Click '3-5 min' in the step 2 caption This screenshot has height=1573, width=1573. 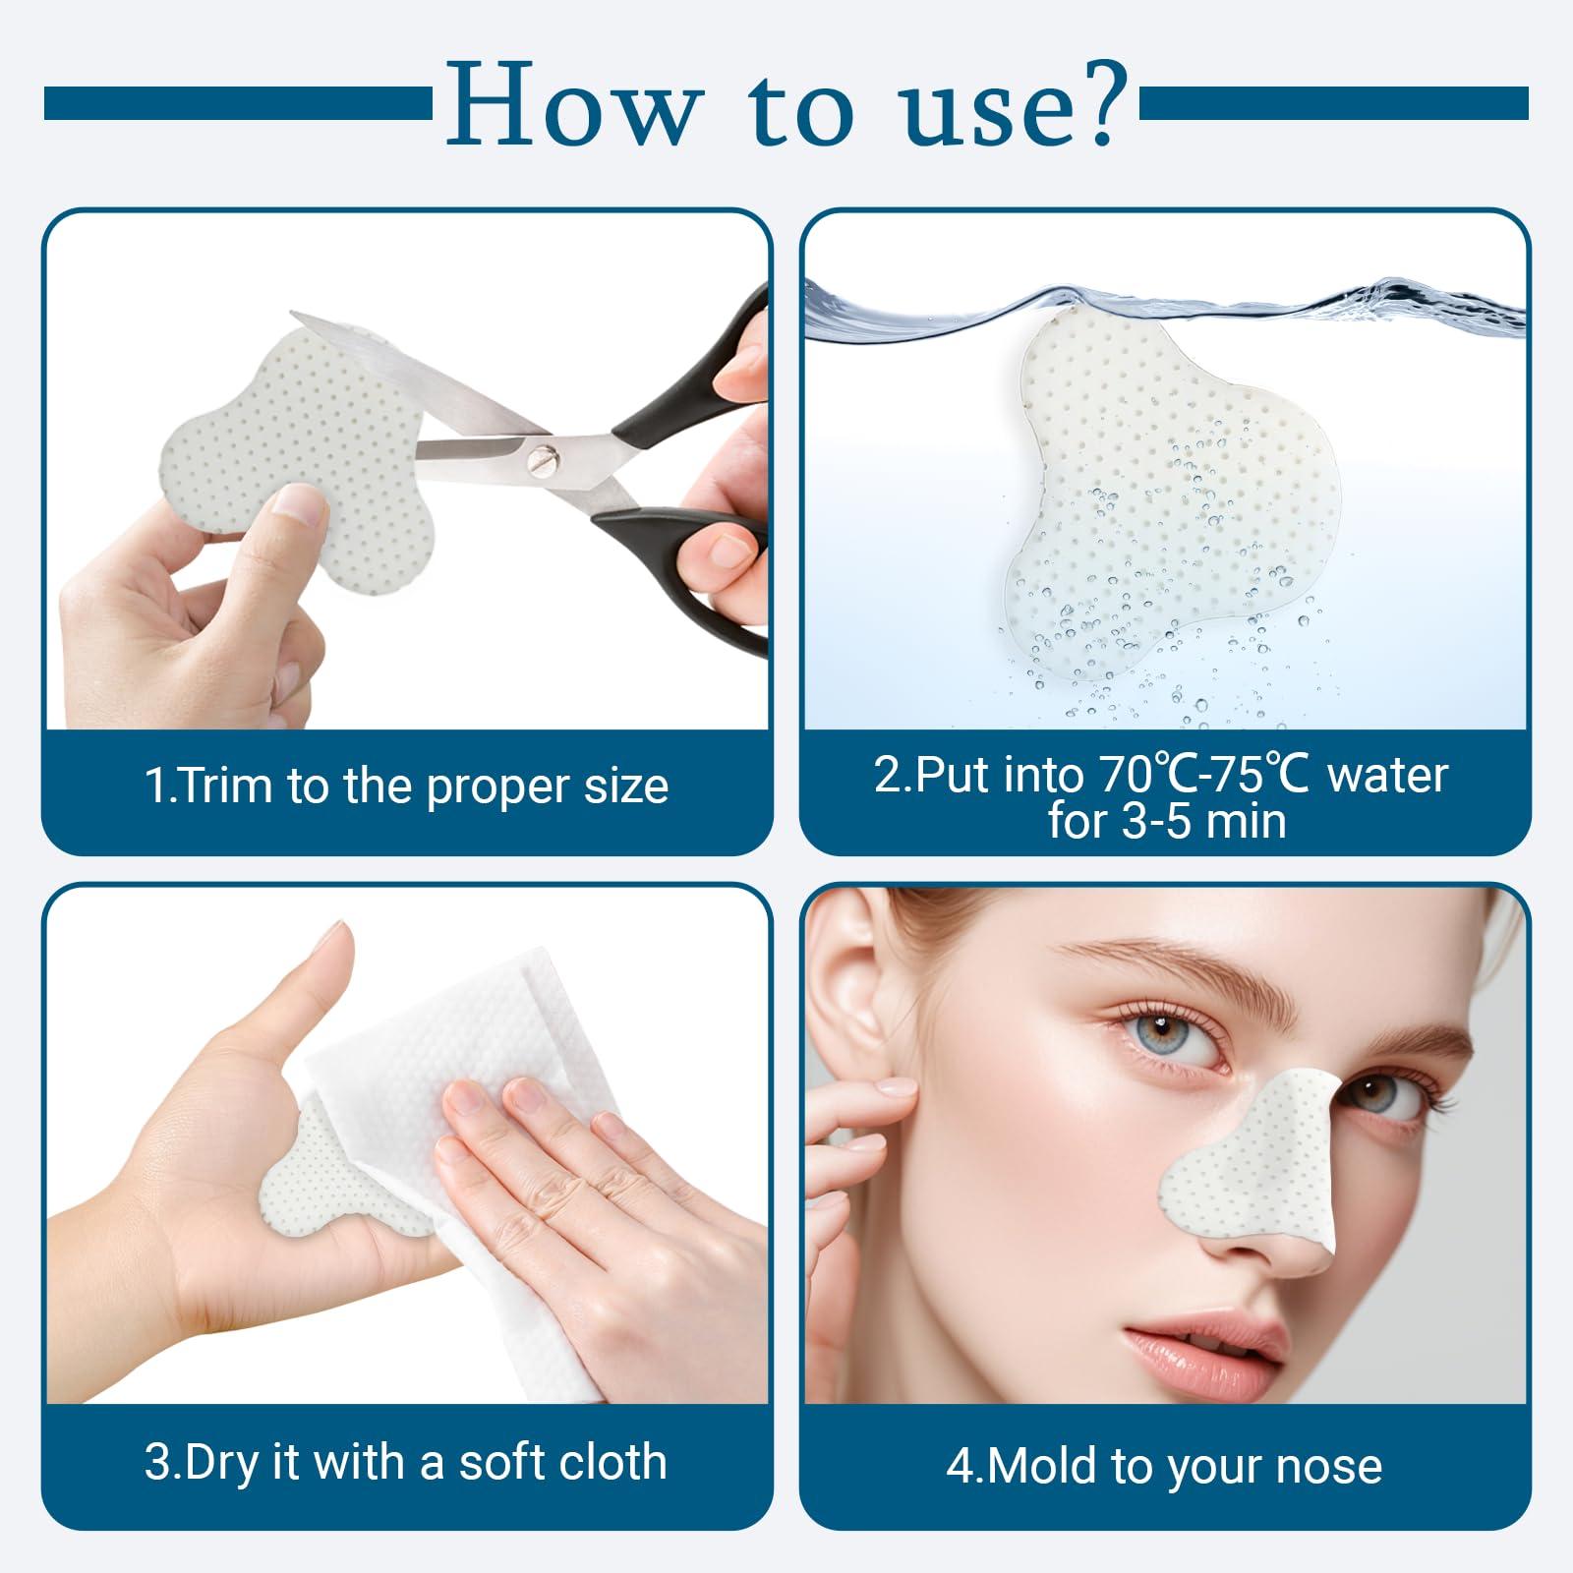1167,821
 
